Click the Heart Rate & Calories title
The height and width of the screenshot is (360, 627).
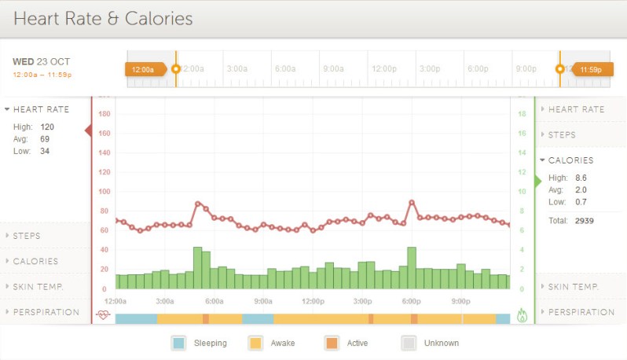pyautogui.click(x=103, y=18)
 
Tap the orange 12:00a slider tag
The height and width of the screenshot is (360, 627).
pyautogui.click(x=144, y=69)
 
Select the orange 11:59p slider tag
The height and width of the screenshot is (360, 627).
pyautogui.click(x=590, y=69)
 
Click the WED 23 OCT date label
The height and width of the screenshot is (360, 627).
pyautogui.click(x=42, y=61)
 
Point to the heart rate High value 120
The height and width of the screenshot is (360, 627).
pyautogui.click(x=46, y=126)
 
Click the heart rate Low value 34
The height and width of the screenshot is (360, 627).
pyautogui.click(x=44, y=151)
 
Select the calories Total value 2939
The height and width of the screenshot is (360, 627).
pyautogui.click(x=584, y=221)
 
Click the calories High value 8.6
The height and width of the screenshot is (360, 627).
pyautogui.click(x=581, y=178)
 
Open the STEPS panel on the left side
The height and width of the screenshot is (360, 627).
pyautogui.click(x=27, y=235)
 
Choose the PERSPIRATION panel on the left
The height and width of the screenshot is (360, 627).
pyautogui.click(x=46, y=312)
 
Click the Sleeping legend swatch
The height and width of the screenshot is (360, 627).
pyautogui.click(x=179, y=343)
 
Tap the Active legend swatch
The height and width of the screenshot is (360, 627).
pyautogui.click(x=332, y=343)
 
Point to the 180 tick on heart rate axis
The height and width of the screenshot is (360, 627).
pyautogui.click(x=104, y=114)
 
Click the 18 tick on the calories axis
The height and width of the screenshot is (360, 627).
pyautogui.click(x=520, y=114)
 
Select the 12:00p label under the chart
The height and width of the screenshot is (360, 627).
pyautogui.click(x=313, y=301)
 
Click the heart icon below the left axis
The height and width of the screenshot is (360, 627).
pyautogui.click(x=104, y=315)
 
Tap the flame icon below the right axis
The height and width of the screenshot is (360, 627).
pyautogui.click(x=522, y=315)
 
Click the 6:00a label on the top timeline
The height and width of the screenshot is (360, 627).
pyautogui.click(x=284, y=68)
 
